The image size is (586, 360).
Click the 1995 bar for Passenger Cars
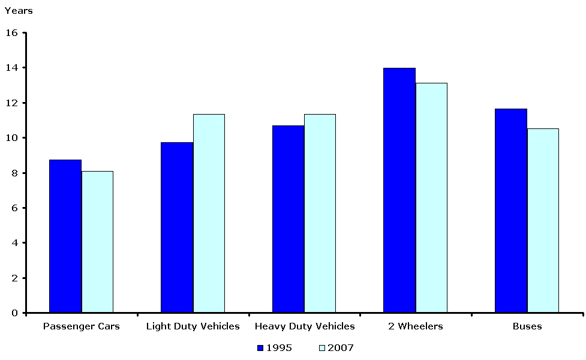click(x=65, y=236)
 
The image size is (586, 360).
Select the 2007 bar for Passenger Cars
click(x=97, y=242)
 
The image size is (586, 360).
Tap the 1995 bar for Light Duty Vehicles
click(x=177, y=227)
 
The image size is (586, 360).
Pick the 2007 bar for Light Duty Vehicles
click(x=209, y=214)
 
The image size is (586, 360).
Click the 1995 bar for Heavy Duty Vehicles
click(x=288, y=219)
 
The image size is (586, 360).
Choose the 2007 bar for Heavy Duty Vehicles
click(x=320, y=214)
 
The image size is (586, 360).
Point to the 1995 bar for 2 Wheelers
click(x=399, y=190)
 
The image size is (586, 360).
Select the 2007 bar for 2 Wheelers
click(x=431, y=198)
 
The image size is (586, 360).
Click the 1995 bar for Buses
click(x=511, y=211)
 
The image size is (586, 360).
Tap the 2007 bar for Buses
click(x=543, y=221)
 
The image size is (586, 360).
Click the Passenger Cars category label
click(x=82, y=326)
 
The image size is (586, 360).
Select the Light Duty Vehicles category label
click(x=193, y=326)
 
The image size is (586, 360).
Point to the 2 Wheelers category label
click(x=416, y=326)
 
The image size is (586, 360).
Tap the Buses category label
click(x=527, y=326)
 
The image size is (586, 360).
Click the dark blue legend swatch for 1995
click(x=260, y=347)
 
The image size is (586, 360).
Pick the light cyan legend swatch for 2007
click(x=321, y=347)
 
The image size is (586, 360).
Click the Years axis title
click(x=19, y=11)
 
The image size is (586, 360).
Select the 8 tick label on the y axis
click(x=15, y=173)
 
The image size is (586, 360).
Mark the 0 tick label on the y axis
click(x=15, y=313)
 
